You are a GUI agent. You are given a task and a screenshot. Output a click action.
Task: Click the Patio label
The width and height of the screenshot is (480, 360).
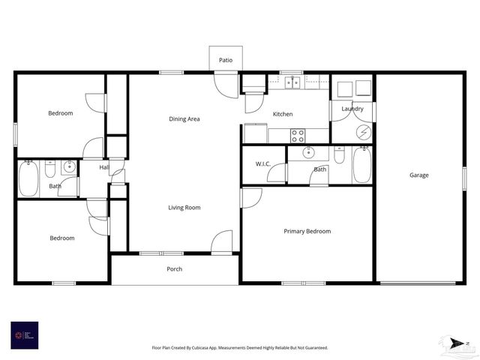225,59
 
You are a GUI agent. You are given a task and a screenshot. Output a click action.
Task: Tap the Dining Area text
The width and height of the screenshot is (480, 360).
184,118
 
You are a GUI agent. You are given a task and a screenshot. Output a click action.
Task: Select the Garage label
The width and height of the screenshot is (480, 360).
418,175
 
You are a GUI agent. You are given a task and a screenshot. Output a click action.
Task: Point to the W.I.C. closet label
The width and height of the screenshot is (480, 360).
262,163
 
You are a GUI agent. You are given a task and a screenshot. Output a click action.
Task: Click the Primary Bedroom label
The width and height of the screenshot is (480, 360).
307,231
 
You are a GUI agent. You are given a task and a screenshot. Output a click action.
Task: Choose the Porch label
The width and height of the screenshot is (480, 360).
174,268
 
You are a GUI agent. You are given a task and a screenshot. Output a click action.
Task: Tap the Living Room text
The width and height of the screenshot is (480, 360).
184,207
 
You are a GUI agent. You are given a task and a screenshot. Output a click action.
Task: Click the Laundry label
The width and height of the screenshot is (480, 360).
352,109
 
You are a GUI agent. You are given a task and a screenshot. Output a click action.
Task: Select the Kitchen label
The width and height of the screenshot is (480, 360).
283,114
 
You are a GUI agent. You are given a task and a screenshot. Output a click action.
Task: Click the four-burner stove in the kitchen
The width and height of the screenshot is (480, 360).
298,135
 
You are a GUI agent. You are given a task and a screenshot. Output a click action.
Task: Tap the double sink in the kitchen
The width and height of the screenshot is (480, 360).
292,82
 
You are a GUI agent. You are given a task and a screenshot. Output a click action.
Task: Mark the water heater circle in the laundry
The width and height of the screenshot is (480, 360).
363,132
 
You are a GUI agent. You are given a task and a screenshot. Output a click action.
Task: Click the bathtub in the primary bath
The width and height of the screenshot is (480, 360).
361,166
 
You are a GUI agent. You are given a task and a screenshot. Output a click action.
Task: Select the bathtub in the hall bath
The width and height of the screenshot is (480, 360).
28,178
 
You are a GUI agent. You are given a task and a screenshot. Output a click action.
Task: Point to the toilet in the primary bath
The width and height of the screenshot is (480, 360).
339,154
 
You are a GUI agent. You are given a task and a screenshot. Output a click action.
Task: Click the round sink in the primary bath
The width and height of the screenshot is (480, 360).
308,153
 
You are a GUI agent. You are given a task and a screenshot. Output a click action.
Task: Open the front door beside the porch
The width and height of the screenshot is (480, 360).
222,243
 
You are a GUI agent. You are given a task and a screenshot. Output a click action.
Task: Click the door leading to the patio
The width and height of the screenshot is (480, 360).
225,84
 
